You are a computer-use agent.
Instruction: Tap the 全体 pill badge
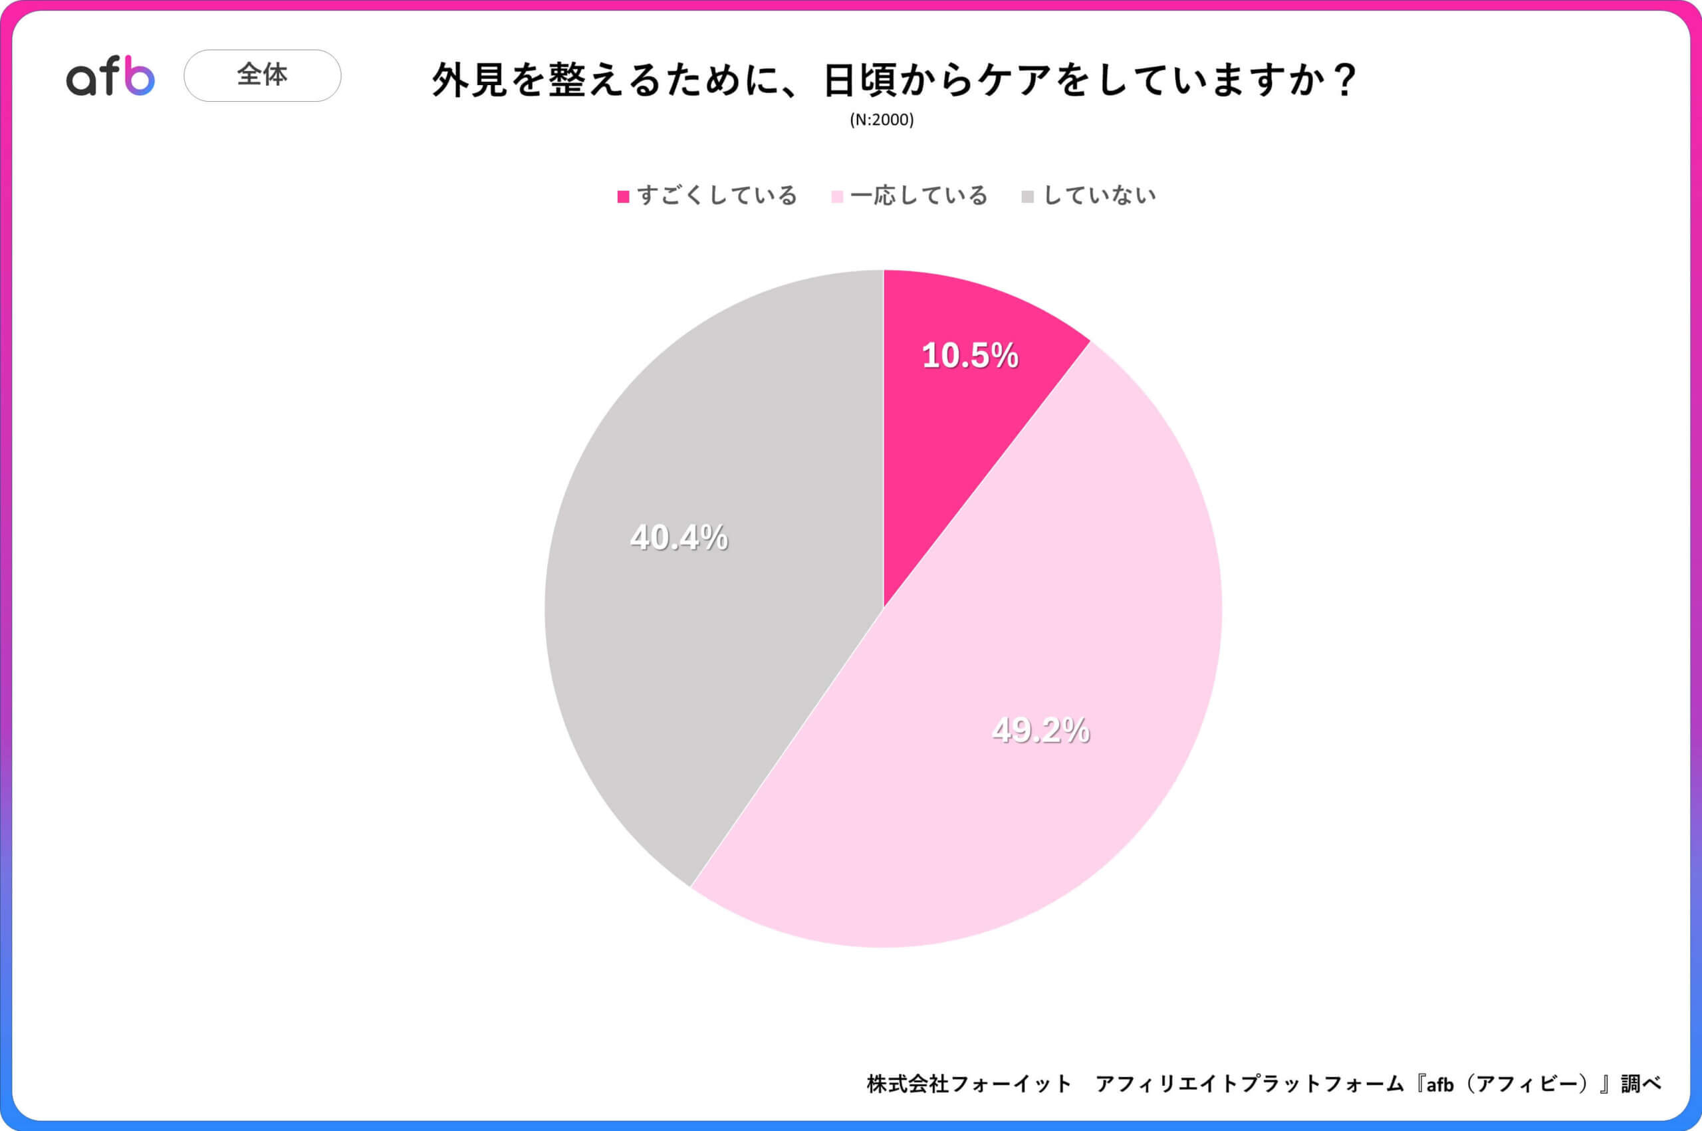click(263, 75)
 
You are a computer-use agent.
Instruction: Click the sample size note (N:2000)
click(882, 120)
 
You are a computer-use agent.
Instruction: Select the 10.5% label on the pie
click(970, 356)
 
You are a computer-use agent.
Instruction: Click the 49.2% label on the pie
click(1040, 730)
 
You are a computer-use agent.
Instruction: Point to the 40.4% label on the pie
click(679, 537)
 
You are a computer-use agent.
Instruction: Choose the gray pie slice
click(721, 649)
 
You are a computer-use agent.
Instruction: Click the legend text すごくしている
click(717, 195)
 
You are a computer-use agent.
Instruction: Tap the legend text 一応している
click(919, 195)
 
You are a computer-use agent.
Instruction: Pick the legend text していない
click(1100, 195)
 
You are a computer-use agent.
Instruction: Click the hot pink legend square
click(623, 197)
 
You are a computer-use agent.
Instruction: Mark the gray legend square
click(1028, 197)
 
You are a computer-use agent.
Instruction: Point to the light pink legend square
click(836, 197)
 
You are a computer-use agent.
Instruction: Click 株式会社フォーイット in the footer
click(969, 1084)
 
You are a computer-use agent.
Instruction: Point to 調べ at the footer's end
click(1641, 1084)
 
